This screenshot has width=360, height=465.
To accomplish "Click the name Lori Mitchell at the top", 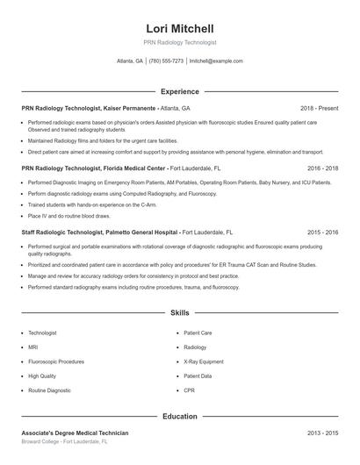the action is point(179,29).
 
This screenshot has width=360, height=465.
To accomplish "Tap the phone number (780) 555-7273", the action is point(166,61).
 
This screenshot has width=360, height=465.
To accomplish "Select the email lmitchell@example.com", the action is point(216,61).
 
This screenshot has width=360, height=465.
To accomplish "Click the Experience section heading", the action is point(179,91).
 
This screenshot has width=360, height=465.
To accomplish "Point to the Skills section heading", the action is point(179,312).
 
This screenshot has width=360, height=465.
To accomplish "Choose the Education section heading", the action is point(179,416).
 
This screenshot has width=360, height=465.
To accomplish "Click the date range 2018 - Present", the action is point(319,108).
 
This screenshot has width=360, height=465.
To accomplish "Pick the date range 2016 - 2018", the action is point(322,167).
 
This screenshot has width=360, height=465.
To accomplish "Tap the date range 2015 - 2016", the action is point(322,232).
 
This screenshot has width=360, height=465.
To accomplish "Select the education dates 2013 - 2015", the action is point(322,433).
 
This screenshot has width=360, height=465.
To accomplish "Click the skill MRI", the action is point(33,347).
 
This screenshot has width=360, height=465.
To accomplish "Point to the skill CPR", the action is point(189,389).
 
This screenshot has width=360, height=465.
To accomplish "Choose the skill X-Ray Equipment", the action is point(204,361).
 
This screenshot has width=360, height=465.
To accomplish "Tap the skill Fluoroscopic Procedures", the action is point(56,361).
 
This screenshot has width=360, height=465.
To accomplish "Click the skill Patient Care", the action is point(198,333).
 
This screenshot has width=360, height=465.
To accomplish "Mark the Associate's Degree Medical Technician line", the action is point(75,433).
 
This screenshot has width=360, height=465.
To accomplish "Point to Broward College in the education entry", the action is point(41,442).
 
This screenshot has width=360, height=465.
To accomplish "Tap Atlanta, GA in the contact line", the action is point(130,61).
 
